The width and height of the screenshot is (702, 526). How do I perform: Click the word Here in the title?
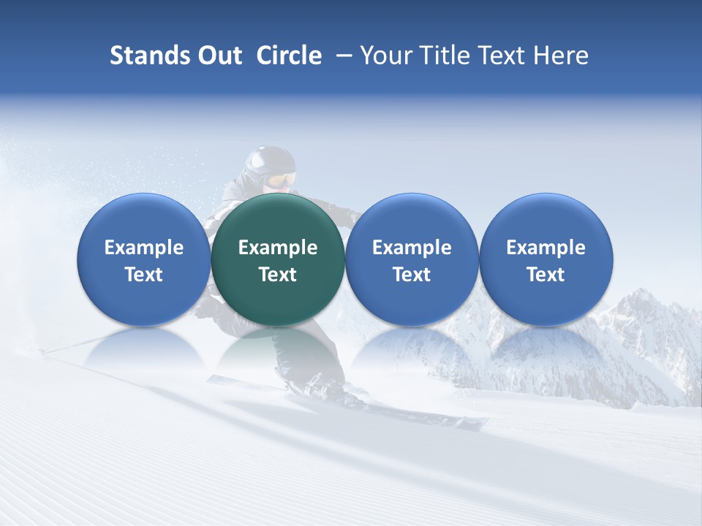point(562,56)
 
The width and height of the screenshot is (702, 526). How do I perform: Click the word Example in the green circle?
point(278,248)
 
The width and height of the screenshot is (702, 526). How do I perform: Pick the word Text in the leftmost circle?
point(143,275)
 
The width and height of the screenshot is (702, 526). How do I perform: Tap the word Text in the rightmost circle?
point(546,275)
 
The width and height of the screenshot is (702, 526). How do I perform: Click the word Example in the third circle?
point(412,248)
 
